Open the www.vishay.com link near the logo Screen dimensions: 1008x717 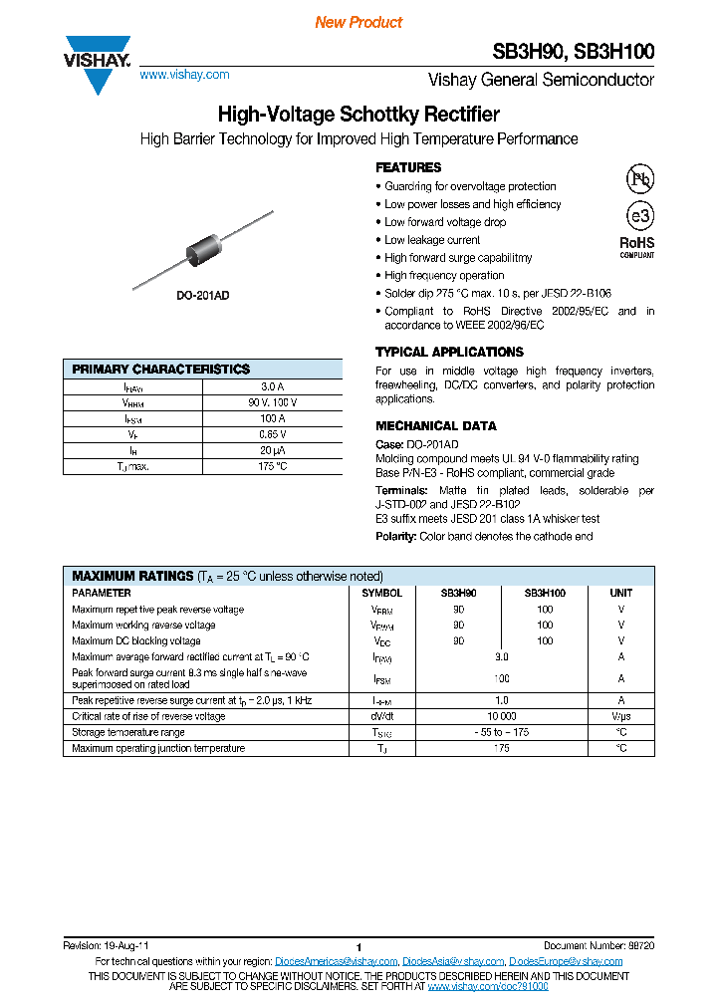click(x=184, y=75)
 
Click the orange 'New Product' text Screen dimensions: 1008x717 click(x=358, y=22)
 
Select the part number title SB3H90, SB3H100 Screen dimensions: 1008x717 click(x=574, y=52)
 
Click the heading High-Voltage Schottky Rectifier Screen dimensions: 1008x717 click(x=358, y=115)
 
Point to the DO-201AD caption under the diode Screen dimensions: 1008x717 click(x=202, y=296)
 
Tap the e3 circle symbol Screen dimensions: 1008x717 click(x=638, y=217)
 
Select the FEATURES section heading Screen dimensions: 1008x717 click(x=408, y=167)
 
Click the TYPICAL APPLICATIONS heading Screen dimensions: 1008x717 click(x=449, y=352)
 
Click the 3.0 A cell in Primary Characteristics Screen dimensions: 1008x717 click(x=272, y=386)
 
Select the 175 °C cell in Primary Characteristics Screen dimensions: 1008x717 click(x=272, y=466)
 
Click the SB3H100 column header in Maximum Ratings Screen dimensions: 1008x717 click(x=545, y=593)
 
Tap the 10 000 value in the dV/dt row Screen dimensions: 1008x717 click(x=501, y=716)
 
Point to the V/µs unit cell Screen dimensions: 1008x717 click(x=620, y=716)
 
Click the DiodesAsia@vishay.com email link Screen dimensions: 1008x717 click(x=453, y=961)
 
